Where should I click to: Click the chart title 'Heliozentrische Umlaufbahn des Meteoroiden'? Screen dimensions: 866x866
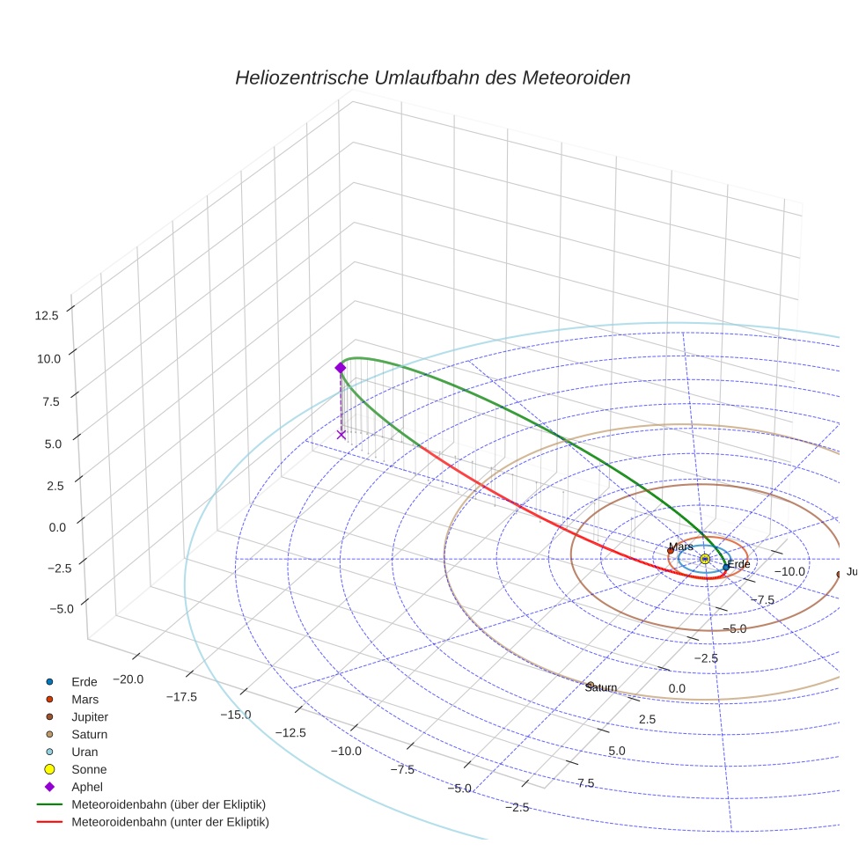pyautogui.click(x=432, y=77)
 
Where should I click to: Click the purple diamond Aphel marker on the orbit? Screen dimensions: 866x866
pyautogui.click(x=341, y=368)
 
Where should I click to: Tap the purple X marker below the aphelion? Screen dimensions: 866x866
pyautogui.click(x=341, y=434)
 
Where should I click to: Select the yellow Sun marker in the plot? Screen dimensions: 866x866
pyautogui.click(x=705, y=559)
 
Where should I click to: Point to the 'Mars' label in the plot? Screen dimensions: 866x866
pyautogui.click(x=680, y=547)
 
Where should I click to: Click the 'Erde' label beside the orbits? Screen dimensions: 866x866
pyautogui.click(x=738, y=564)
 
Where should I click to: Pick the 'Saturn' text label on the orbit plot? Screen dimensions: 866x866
pyautogui.click(x=600, y=687)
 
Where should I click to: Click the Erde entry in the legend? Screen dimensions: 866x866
pyautogui.click(x=84, y=682)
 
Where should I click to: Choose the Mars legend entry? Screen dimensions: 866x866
pyautogui.click(x=84, y=700)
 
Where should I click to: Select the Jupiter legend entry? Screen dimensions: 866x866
pyautogui.click(x=90, y=717)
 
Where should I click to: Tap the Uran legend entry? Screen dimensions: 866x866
pyautogui.click(x=84, y=752)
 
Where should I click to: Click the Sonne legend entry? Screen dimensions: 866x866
pyautogui.click(x=89, y=769)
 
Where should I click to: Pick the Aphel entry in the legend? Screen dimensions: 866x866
pyautogui.click(x=87, y=787)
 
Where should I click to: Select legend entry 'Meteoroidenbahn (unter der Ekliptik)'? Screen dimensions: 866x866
pyautogui.click(x=170, y=822)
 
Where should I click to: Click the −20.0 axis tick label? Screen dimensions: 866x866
pyautogui.click(x=128, y=679)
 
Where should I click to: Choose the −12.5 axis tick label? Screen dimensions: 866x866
pyautogui.click(x=290, y=732)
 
